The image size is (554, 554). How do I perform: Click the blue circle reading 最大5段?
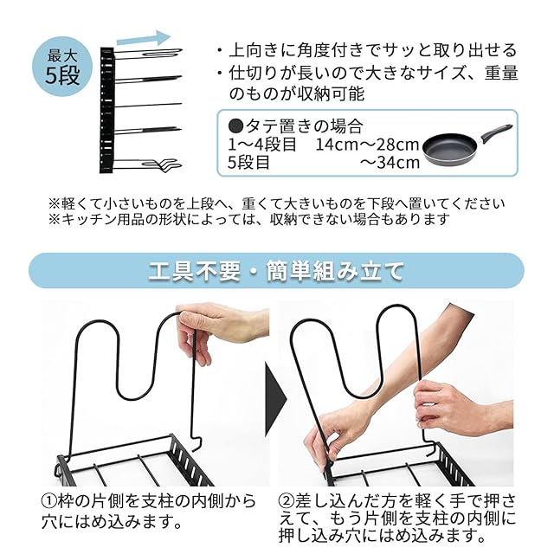coord(62,67)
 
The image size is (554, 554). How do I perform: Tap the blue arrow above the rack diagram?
coord(144,38)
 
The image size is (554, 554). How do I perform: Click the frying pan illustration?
coord(467,145)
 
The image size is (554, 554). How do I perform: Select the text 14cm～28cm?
coord(367,145)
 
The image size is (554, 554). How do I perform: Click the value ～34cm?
coord(390,163)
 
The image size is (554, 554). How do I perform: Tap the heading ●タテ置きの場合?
coord(296,126)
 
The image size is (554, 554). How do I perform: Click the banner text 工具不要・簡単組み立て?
coord(276,271)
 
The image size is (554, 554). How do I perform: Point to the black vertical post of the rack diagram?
coord(106,110)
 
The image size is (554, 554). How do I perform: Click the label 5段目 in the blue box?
coord(248,163)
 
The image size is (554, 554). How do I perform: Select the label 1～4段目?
coord(262,145)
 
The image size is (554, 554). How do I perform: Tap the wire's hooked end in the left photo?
coord(196,442)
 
